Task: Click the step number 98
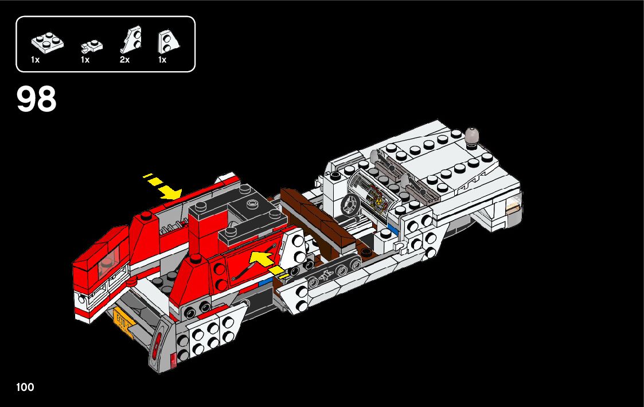36,99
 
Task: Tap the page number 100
25,387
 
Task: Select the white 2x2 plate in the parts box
48,42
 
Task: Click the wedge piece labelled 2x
131,40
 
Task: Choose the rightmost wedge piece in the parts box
167,41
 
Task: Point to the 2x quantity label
125,60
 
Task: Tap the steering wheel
350,204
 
